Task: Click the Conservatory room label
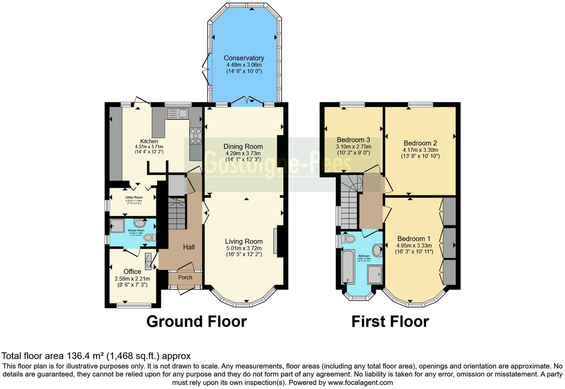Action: click(244, 58)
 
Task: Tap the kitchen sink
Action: click(178, 113)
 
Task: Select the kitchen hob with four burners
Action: click(196, 136)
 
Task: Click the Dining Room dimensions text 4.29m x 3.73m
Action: click(243, 153)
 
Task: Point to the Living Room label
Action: click(243, 241)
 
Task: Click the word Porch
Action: click(185, 277)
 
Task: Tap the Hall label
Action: click(189, 247)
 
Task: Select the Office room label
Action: click(132, 271)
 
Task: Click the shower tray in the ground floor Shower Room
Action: click(117, 225)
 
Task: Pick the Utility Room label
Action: click(134, 197)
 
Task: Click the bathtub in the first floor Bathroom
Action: click(348, 267)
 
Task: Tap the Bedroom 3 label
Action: click(353, 140)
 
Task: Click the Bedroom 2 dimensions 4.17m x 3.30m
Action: click(420, 150)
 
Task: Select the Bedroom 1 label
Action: click(414, 239)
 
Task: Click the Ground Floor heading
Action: click(196, 321)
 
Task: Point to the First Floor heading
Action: click(390, 321)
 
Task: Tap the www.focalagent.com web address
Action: click(360, 382)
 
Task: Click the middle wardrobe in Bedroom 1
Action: click(449, 243)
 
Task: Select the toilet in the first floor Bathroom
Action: click(349, 238)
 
